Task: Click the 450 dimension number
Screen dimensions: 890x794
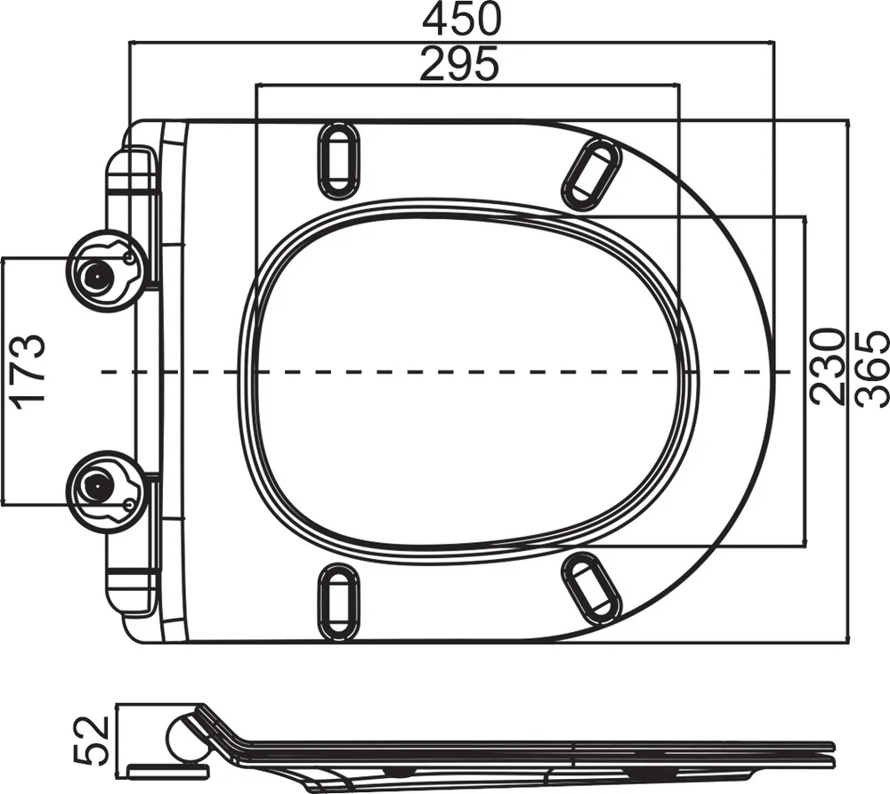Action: tap(462, 19)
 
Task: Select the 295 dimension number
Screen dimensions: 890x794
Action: tap(460, 63)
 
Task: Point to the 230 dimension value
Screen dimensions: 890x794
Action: tap(826, 367)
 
